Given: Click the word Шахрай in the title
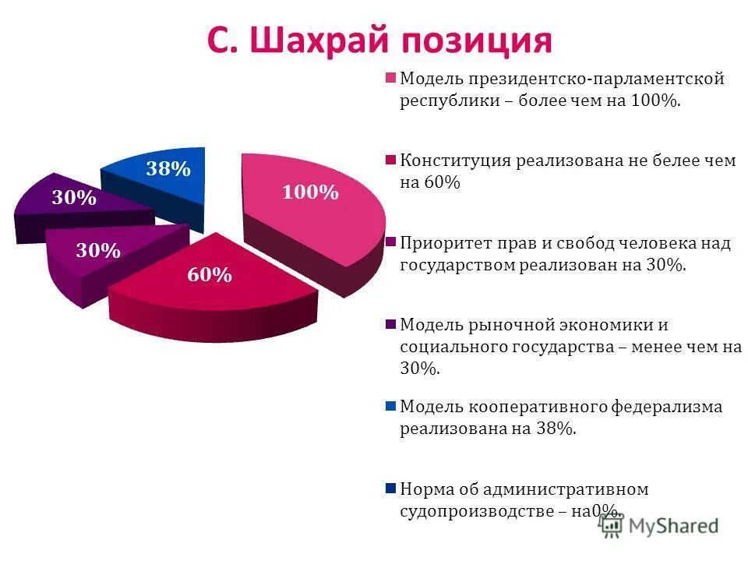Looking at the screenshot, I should [x=319, y=40].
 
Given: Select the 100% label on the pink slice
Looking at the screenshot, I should [x=310, y=192].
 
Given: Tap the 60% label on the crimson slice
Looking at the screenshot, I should [x=208, y=274].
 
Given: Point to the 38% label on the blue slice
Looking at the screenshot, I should [x=168, y=168].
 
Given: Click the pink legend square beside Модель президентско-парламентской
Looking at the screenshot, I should [x=390, y=78].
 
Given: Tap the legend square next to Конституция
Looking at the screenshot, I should [x=390, y=161].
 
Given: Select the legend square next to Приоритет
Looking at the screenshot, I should [x=390, y=242].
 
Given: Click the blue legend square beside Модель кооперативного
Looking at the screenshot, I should [x=390, y=406].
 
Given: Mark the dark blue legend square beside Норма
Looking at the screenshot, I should [x=390, y=489].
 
